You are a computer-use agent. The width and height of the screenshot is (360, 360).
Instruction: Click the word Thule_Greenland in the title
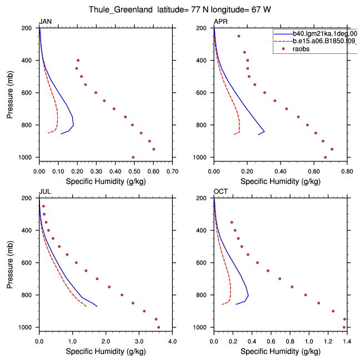[x=121, y=9]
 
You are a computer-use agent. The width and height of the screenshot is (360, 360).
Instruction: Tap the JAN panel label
[x=45, y=22]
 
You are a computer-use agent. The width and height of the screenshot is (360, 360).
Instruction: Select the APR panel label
[x=221, y=22]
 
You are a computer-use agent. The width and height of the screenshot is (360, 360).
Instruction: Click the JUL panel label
[x=45, y=192]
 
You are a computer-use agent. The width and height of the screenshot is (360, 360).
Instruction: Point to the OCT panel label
[x=221, y=192]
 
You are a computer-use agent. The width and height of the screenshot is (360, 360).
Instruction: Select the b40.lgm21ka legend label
[x=325, y=34]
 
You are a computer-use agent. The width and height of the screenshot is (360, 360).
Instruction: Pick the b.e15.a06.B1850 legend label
[x=325, y=41]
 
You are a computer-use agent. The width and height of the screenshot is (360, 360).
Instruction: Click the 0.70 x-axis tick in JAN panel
[x=172, y=172]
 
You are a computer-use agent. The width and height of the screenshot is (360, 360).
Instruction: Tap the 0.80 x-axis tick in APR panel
[x=347, y=172]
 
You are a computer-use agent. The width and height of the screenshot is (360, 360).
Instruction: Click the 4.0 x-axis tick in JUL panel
[x=172, y=342]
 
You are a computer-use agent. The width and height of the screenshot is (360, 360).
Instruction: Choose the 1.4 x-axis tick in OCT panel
[x=347, y=342]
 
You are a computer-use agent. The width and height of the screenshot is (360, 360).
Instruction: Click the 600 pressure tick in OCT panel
[x=201, y=263]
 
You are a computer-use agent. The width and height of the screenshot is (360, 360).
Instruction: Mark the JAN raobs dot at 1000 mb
[x=133, y=157]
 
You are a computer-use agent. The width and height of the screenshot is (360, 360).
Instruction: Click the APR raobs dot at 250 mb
[x=239, y=36]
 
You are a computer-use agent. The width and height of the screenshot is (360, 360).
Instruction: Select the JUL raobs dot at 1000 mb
[x=158, y=327]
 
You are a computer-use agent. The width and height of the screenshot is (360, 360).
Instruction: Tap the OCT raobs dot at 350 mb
[x=232, y=222]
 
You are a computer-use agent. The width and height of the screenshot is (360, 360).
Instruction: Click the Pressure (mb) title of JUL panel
[x=10, y=264]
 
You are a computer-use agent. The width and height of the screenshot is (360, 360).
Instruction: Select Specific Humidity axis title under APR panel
[x=281, y=182]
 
